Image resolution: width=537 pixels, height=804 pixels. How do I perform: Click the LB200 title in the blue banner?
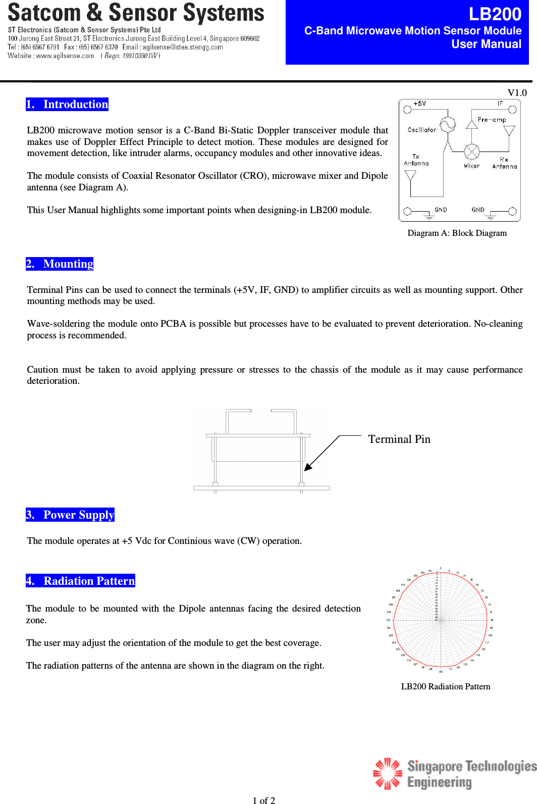tap(495, 14)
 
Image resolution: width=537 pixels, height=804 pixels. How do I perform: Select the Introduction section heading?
tap(67, 105)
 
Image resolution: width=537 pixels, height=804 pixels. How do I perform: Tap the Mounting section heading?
tap(60, 264)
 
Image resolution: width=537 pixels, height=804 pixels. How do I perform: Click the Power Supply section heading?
tap(70, 515)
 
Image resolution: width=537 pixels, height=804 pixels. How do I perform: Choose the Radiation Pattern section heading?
tap(81, 581)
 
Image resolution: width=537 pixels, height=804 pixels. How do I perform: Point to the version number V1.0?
tap(517, 92)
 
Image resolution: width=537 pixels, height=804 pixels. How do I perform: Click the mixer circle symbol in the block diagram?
tap(471, 151)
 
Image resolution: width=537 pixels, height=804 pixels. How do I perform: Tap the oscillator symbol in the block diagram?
tap(447, 124)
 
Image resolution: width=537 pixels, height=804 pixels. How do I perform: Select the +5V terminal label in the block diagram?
tap(419, 104)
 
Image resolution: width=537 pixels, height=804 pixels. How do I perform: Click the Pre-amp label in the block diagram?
tap(492, 120)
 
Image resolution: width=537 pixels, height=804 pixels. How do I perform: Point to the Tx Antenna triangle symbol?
tap(410, 175)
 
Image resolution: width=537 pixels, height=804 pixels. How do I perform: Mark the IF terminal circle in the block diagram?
tap(512, 109)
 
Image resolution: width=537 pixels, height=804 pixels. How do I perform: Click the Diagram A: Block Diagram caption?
tap(457, 233)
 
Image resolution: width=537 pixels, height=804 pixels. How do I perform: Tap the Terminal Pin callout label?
tap(399, 439)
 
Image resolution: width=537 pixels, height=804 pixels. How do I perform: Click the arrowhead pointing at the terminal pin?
tap(308, 467)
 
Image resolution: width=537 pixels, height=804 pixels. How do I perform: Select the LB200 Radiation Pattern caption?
tap(445, 687)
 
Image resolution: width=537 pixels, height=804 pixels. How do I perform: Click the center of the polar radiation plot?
tap(440, 620)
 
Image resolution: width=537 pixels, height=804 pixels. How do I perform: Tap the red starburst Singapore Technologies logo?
tap(387, 773)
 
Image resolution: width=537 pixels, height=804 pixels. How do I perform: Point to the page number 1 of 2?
tap(263, 800)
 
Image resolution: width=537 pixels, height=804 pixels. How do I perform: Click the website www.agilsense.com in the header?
tap(65, 56)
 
